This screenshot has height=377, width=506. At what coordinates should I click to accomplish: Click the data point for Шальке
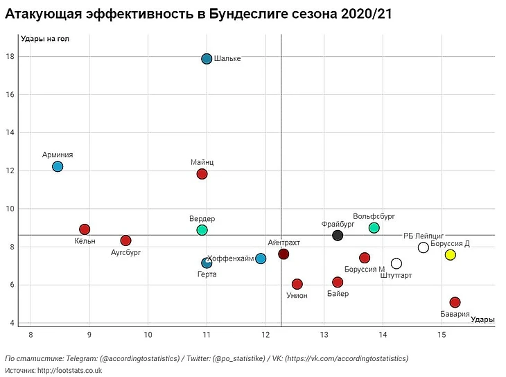click(x=207, y=59)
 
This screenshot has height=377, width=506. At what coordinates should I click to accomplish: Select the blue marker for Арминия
click(x=58, y=166)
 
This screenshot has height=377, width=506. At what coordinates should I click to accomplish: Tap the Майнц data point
click(x=202, y=174)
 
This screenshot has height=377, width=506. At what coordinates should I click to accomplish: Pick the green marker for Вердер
click(x=202, y=230)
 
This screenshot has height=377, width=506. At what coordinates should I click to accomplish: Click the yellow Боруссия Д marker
click(x=450, y=255)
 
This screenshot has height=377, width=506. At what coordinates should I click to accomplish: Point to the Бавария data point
click(x=455, y=302)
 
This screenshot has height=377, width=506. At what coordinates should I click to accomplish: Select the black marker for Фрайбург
click(x=338, y=236)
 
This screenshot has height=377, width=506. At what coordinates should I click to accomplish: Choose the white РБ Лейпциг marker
click(x=424, y=247)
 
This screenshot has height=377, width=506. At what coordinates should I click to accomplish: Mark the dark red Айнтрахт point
click(x=283, y=254)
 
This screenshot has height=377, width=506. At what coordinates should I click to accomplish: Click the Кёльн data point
click(x=85, y=229)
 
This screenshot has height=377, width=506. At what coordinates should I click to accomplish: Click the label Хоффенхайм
click(x=231, y=258)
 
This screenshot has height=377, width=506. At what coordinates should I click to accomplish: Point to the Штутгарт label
click(x=396, y=275)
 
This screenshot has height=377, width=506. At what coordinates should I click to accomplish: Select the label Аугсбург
click(x=126, y=252)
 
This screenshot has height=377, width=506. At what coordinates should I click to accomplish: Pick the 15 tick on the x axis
click(x=442, y=335)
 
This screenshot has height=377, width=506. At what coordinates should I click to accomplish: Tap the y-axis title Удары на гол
click(x=45, y=38)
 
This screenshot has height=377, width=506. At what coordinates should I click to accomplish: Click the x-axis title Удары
click(x=482, y=319)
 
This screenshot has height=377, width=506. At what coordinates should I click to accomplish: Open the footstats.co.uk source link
click(x=70, y=370)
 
